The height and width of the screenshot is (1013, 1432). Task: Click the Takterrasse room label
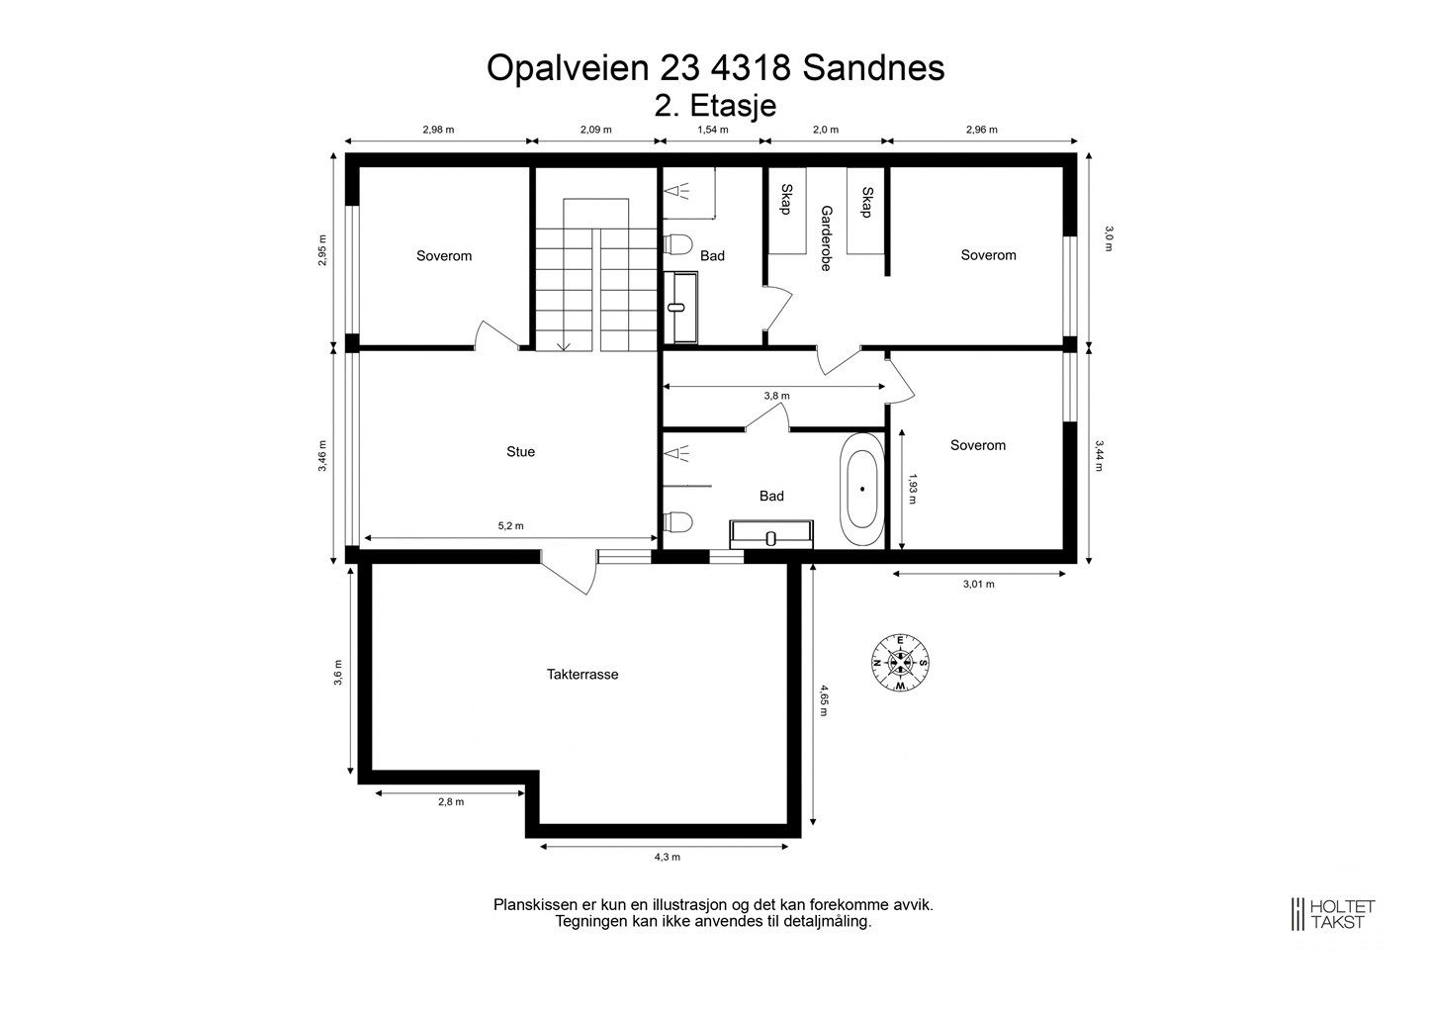(582, 674)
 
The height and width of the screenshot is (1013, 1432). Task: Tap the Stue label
(520, 451)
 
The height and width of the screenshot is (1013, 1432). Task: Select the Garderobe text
(826, 237)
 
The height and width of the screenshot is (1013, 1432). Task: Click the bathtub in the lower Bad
(862, 490)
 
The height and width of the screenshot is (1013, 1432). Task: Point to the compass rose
(900, 663)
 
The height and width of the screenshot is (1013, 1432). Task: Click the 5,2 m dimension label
(510, 525)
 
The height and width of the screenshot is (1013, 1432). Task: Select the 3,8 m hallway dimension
(776, 396)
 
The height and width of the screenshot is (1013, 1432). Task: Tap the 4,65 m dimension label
(824, 700)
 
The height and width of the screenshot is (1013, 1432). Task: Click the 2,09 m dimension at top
(595, 130)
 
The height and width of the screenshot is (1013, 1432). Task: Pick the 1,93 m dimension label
(912, 489)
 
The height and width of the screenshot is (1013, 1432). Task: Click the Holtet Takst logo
(1333, 914)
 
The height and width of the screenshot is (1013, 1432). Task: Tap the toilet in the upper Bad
(677, 243)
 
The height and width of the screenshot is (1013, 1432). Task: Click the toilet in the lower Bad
(677, 522)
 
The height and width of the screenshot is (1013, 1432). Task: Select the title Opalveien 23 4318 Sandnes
(715, 68)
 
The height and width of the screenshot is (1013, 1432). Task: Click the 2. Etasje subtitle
(715, 106)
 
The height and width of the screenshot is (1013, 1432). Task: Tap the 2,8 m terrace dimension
(451, 802)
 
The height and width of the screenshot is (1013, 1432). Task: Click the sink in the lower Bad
(771, 534)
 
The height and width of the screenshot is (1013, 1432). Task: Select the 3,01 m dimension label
(979, 584)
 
